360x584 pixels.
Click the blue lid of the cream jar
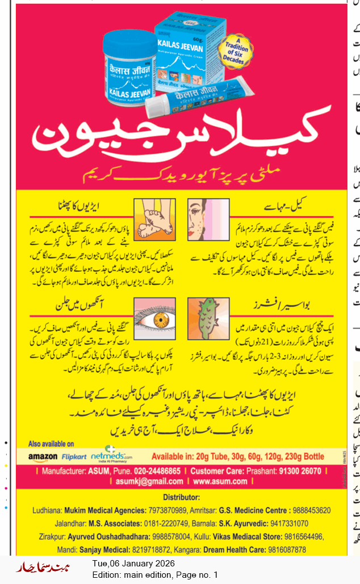(x=129, y=45)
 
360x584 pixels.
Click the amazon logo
(x=43, y=456)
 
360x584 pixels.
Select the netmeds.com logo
(x=114, y=455)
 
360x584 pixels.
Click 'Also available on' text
(x=51, y=444)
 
